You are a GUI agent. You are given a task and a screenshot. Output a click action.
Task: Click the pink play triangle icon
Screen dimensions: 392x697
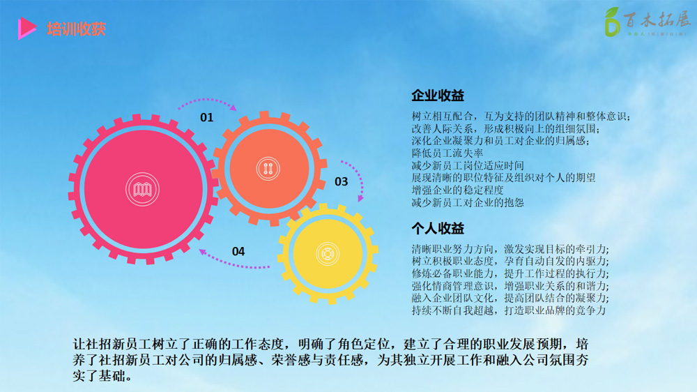click(x=27, y=28)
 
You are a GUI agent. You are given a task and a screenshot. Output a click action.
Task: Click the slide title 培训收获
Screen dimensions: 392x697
click(x=76, y=29)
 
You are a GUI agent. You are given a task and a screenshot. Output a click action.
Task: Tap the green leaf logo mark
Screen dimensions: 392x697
click(x=612, y=22)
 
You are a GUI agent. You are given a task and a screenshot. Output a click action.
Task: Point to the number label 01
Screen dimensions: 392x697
click(x=207, y=117)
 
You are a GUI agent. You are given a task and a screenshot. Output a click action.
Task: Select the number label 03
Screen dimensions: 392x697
click(x=341, y=182)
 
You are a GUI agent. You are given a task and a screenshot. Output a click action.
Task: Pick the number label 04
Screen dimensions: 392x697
click(x=238, y=251)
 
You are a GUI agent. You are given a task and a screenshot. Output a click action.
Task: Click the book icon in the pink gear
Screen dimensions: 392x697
click(x=141, y=190)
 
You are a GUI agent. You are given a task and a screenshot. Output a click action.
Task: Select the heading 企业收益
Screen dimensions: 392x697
click(x=438, y=96)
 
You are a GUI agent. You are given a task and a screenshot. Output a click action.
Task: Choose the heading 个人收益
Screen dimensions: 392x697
click(x=438, y=229)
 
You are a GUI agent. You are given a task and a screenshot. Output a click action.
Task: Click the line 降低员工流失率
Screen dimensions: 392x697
click(x=447, y=153)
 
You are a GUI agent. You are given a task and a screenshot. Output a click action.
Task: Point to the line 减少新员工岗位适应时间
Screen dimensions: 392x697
click(x=467, y=165)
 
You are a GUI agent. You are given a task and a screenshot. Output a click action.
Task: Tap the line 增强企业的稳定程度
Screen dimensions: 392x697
click(x=457, y=190)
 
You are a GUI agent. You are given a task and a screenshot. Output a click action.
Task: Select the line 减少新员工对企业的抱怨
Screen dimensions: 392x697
click(x=467, y=203)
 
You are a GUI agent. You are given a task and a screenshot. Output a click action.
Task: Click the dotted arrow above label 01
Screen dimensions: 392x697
click(x=207, y=103)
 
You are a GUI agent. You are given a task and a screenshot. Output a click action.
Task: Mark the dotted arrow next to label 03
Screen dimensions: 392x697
click(x=359, y=180)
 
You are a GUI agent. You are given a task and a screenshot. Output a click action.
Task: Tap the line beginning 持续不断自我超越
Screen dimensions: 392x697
click(x=509, y=311)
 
